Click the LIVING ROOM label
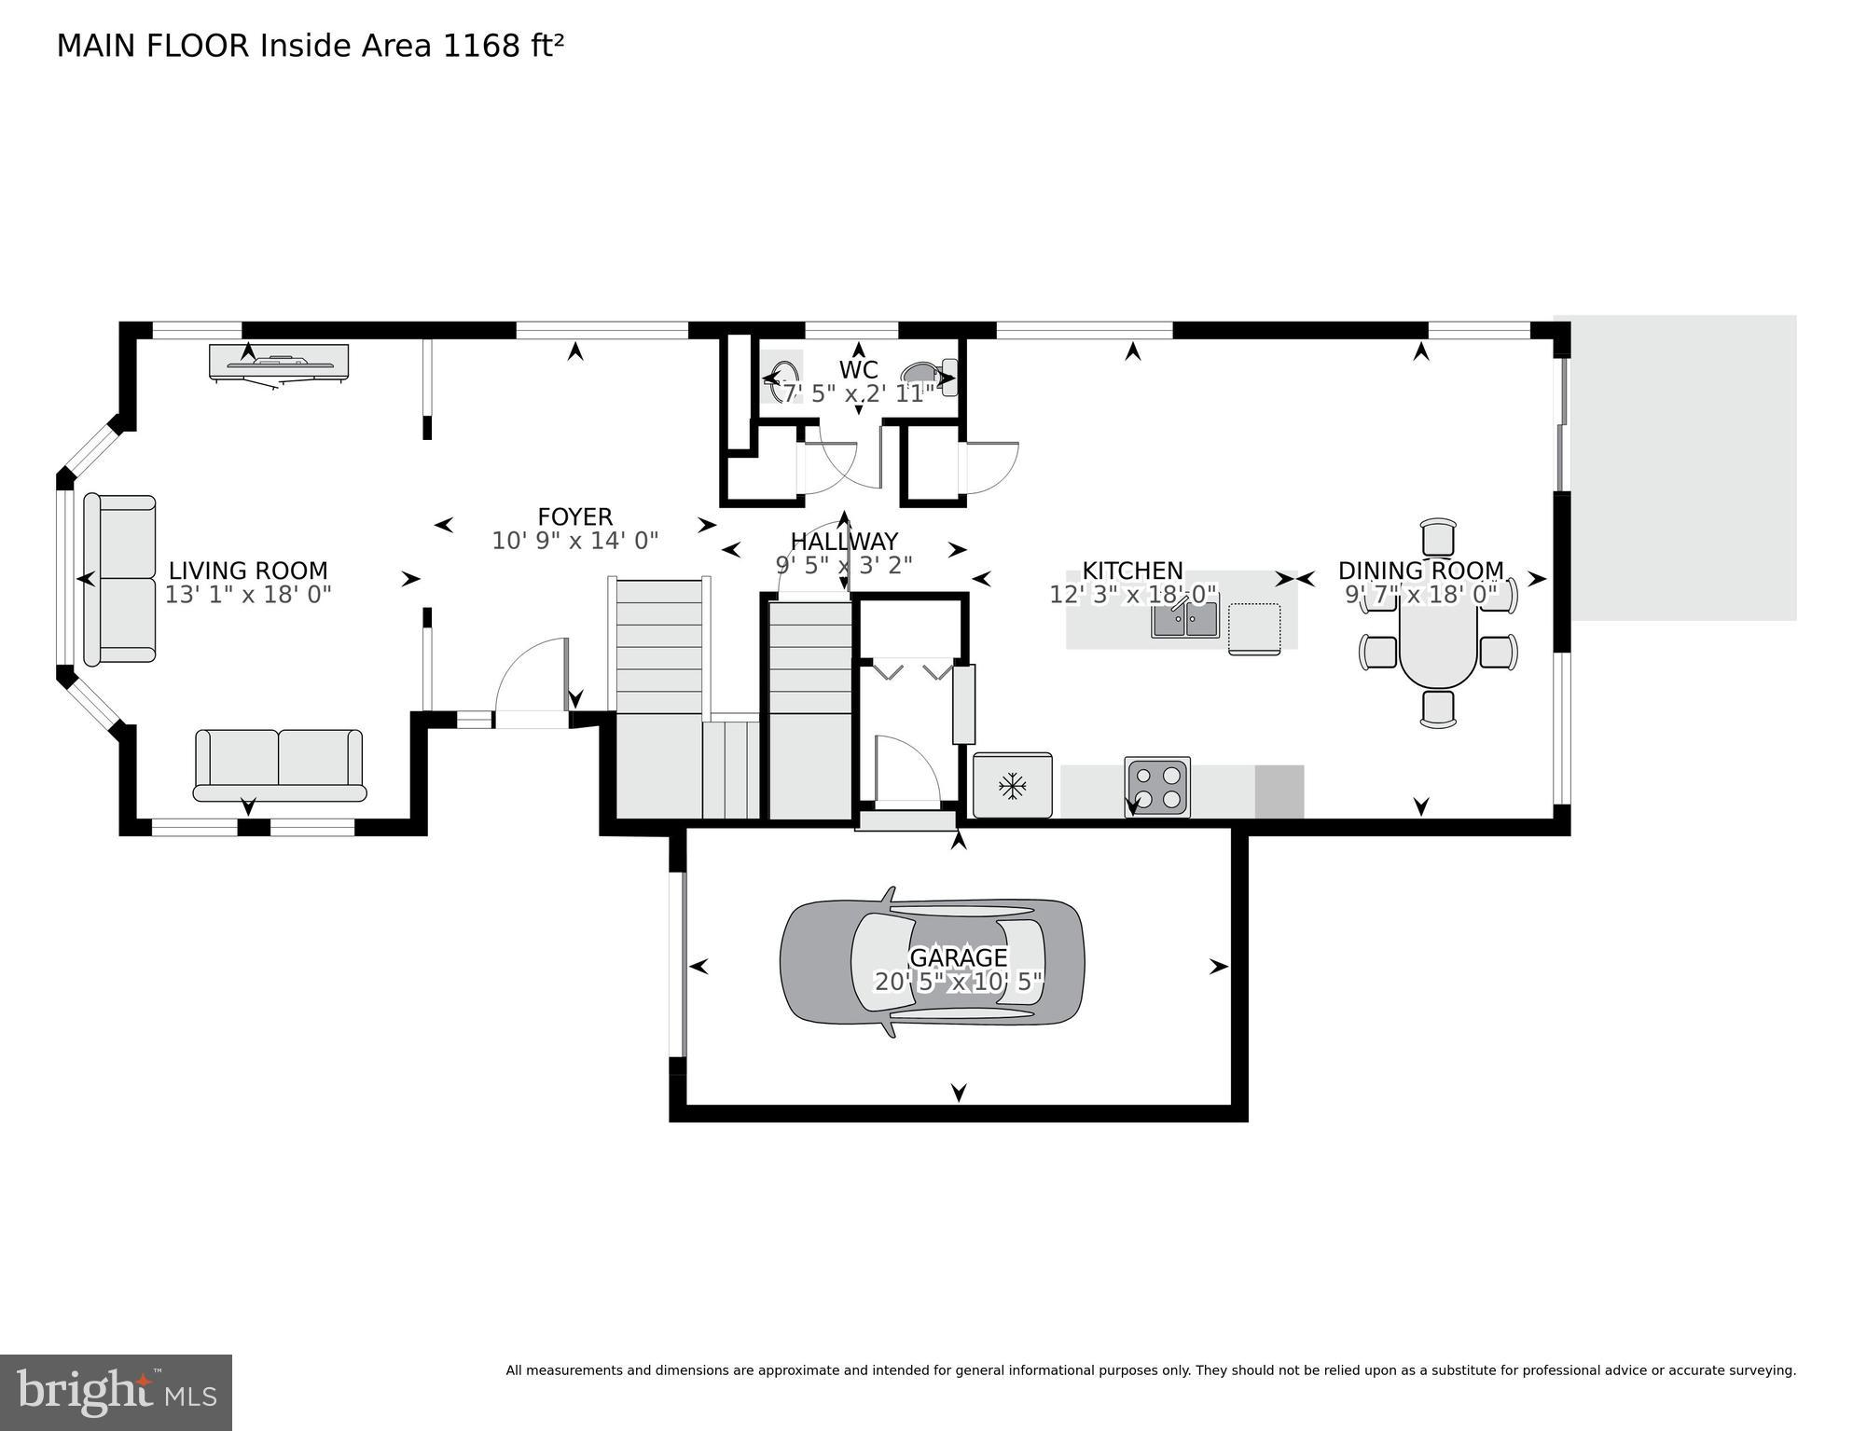[x=247, y=571]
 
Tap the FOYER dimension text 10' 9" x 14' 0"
[x=574, y=541]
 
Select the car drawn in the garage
[x=931, y=961]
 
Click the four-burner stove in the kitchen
[x=1156, y=786]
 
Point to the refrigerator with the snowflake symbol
[x=1012, y=786]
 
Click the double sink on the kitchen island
[x=1184, y=619]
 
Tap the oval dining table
[x=1437, y=641]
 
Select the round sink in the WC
[x=781, y=377]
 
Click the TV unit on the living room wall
[x=278, y=364]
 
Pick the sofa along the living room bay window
[x=119, y=579]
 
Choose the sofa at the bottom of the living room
[x=279, y=765]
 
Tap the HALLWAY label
[x=843, y=542]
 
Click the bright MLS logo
[x=116, y=1392]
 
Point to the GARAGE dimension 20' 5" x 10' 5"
[x=957, y=982]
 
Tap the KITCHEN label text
[x=1132, y=571]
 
